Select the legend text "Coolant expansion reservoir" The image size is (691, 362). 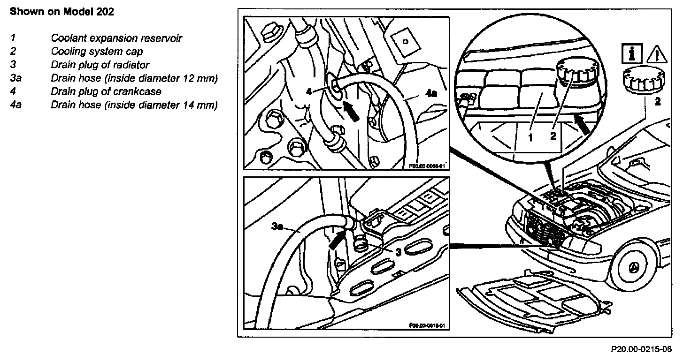click(x=116, y=38)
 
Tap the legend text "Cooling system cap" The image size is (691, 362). click(x=97, y=52)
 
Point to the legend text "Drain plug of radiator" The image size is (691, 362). click(x=100, y=65)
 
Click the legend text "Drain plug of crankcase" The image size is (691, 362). click(x=106, y=91)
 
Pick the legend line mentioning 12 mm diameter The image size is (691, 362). click(x=134, y=78)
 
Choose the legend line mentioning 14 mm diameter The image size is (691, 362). click(x=134, y=105)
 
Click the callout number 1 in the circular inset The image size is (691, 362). click(x=530, y=137)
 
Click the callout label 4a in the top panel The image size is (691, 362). click(x=431, y=93)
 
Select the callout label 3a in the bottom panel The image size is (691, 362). click(x=277, y=227)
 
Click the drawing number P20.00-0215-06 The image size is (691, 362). click(x=641, y=349)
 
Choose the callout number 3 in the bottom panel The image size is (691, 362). click(x=398, y=252)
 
